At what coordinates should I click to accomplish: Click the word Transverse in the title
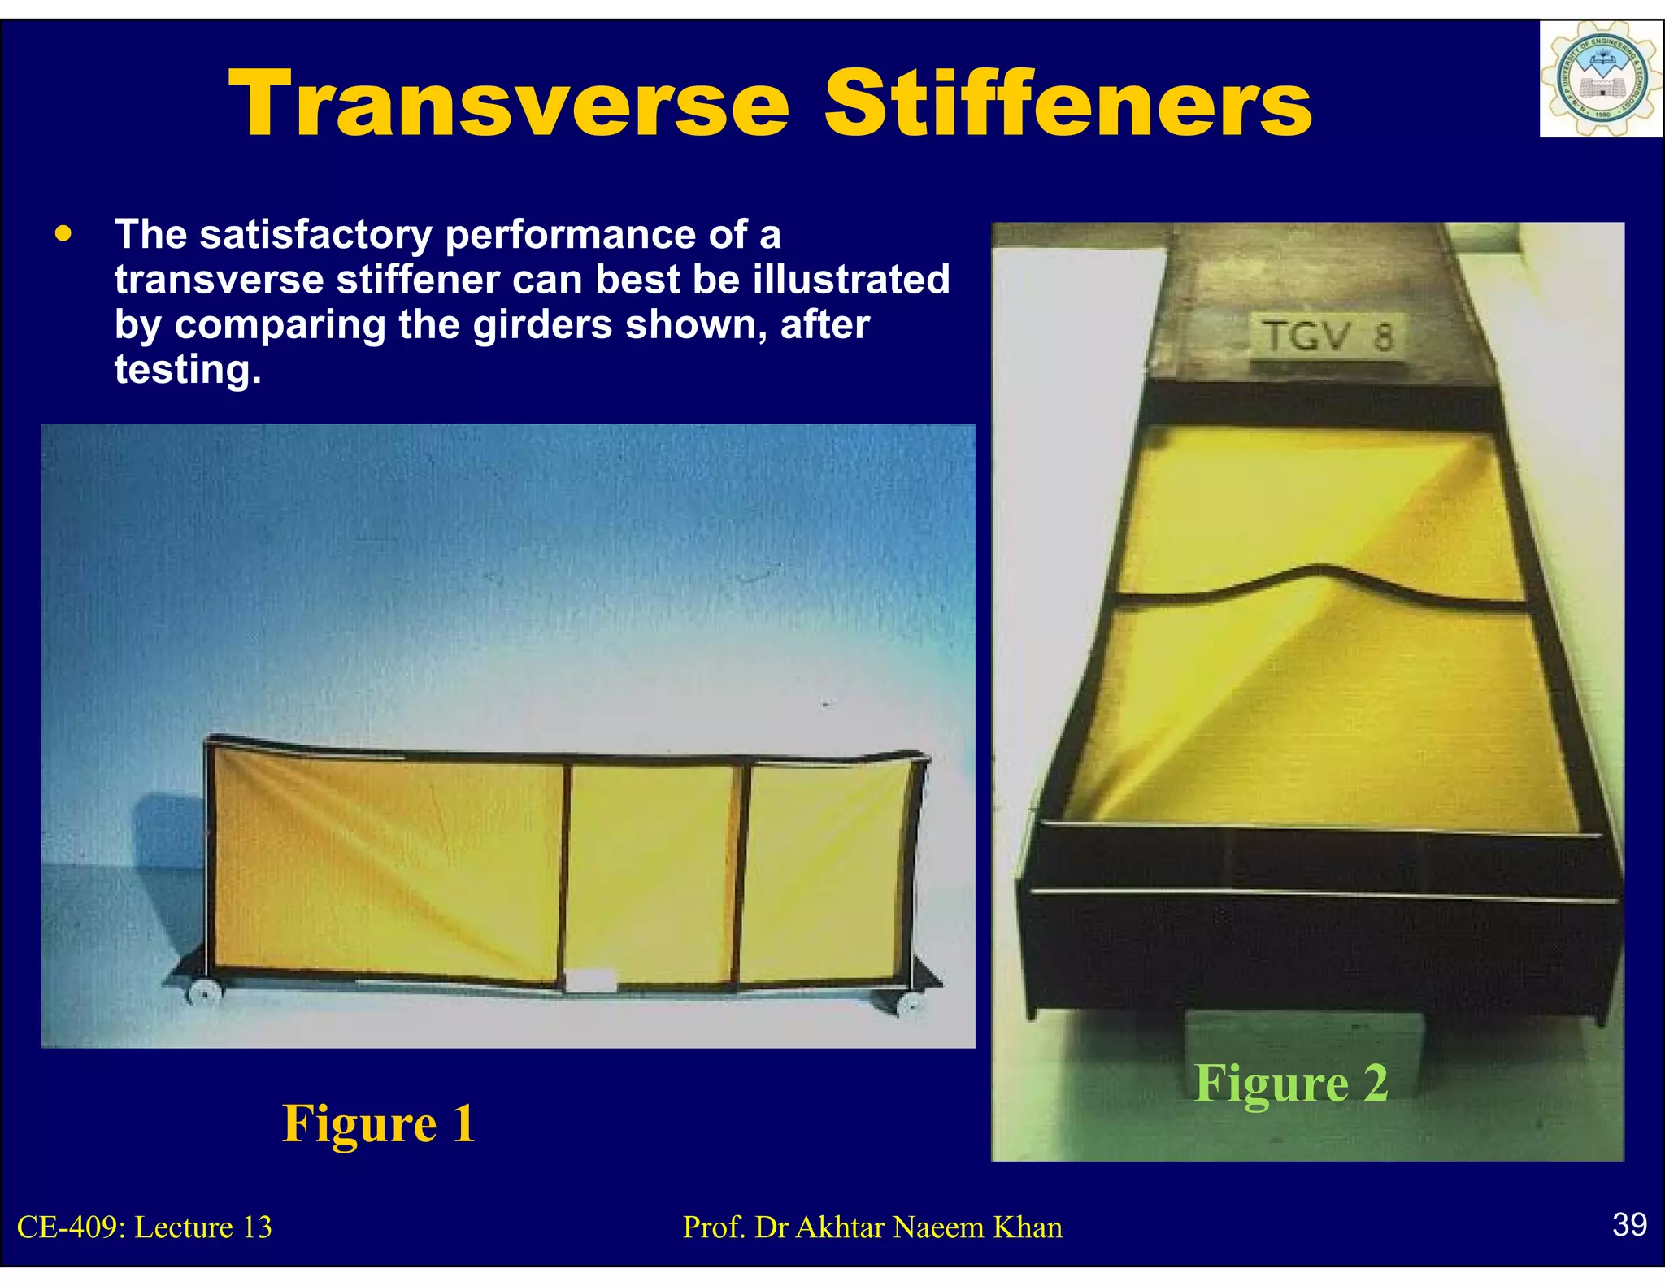508,104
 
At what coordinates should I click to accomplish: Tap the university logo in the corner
1599,80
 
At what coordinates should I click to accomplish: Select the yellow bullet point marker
63,235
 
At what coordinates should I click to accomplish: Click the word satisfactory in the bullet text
315,235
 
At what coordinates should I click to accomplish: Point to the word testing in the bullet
187,370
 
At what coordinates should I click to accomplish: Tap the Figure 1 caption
378,1123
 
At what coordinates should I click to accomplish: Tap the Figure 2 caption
1291,1084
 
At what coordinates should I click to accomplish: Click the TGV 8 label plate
1328,336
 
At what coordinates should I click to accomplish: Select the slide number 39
1629,1224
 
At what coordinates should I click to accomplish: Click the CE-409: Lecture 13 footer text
145,1227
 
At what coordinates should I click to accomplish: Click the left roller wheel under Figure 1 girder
205,992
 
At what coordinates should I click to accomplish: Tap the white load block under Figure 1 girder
591,980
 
